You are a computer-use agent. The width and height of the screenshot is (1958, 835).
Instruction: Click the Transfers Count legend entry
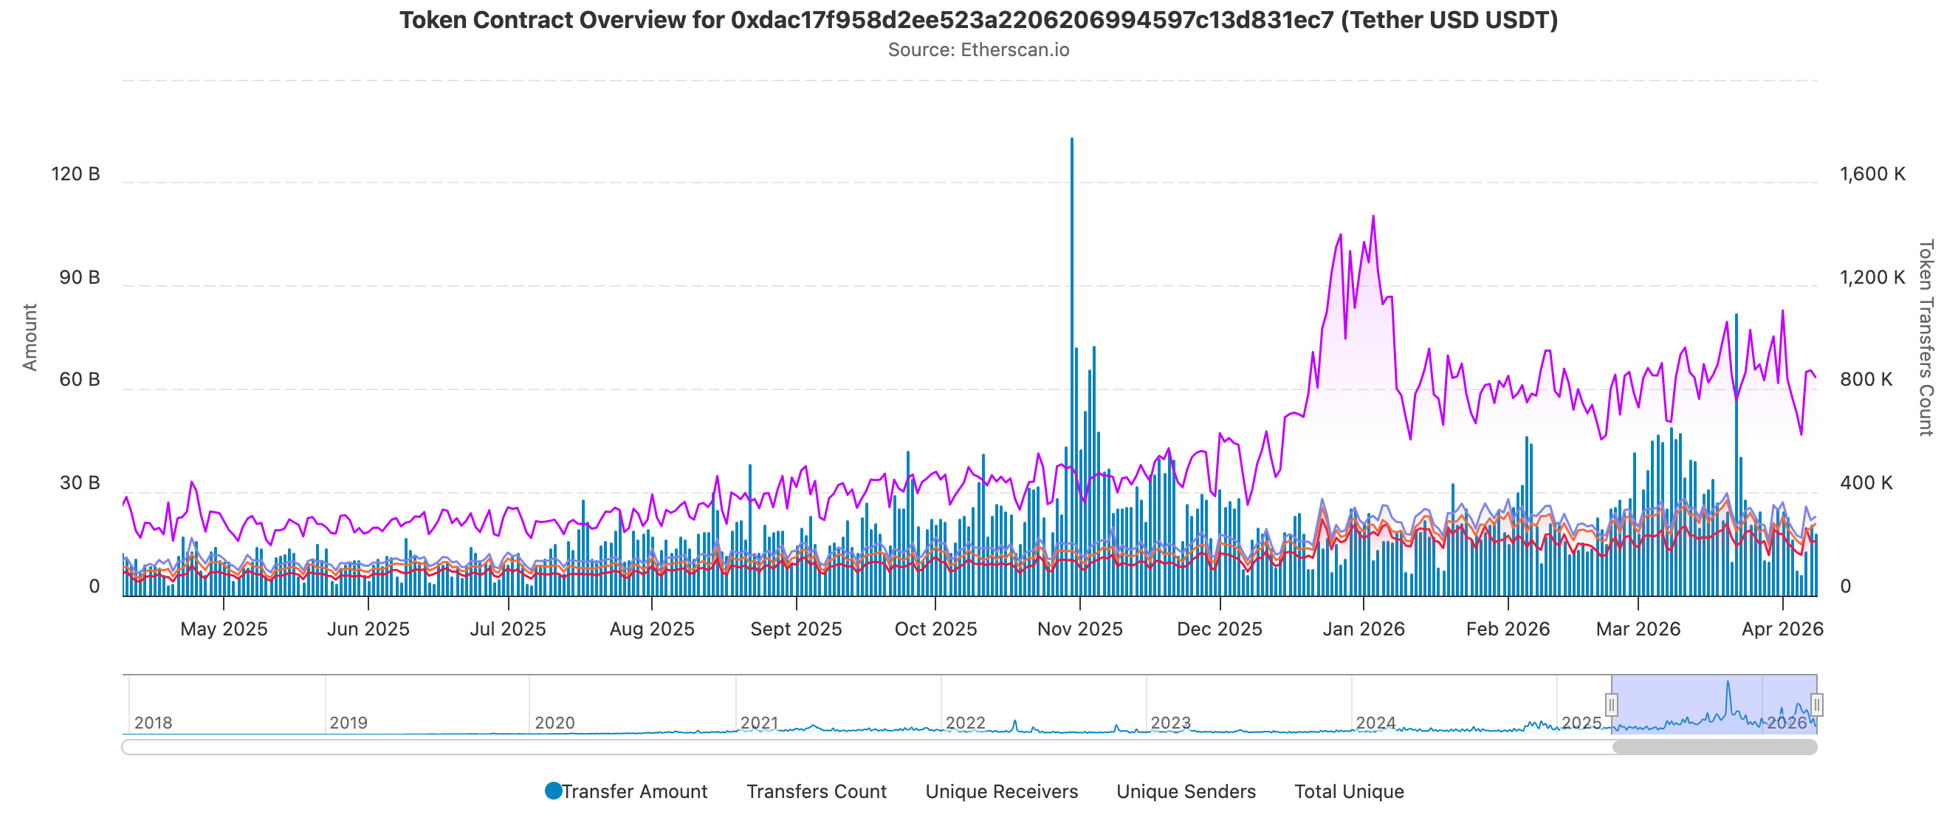click(x=816, y=791)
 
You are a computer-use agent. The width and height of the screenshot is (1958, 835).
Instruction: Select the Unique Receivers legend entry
click(x=1001, y=791)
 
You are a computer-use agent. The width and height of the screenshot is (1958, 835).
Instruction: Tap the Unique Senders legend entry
click(x=1185, y=791)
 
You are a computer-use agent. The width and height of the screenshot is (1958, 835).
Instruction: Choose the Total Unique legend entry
click(x=1348, y=791)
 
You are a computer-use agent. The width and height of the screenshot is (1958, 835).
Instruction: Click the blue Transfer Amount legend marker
click(x=553, y=791)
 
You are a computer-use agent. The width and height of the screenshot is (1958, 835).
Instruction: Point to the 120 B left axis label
click(x=75, y=174)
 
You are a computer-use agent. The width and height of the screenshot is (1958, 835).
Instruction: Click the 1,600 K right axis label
click(x=1872, y=174)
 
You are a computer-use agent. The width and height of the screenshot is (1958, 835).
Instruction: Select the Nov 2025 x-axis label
click(x=1079, y=629)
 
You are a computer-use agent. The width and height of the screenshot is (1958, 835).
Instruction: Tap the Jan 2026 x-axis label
click(x=1364, y=629)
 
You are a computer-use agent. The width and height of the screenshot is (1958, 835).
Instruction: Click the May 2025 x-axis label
click(x=224, y=629)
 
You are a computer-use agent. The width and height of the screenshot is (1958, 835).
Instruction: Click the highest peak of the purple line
click(x=1373, y=217)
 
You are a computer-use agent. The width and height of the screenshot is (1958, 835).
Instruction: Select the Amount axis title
click(x=30, y=337)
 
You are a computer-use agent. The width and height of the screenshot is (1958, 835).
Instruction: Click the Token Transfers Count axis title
click(x=1925, y=337)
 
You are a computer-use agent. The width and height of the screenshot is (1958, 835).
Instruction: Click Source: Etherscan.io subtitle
click(x=978, y=50)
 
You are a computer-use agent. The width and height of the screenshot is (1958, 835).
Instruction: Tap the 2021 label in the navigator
click(x=758, y=723)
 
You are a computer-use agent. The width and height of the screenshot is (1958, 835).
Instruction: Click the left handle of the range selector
click(x=1611, y=704)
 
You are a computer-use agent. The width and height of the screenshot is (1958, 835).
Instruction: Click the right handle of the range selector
click(x=1816, y=704)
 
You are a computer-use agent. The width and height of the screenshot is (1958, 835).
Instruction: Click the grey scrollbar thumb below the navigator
click(x=1714, y=747)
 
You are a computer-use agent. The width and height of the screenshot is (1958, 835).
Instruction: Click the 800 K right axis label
click(x=1866, y=380)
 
